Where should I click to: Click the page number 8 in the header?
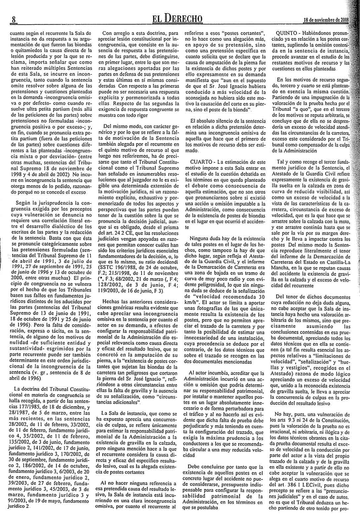click(x=14, y=19)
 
